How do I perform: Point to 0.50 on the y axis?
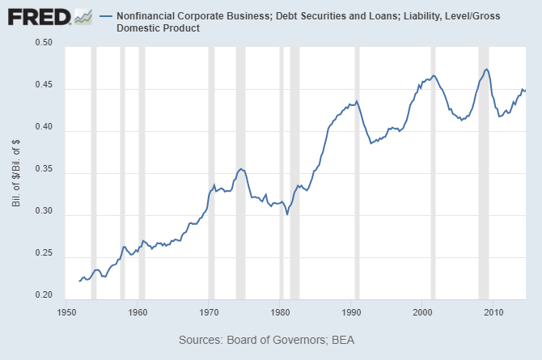click(x=42, y=46)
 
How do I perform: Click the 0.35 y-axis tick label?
click(x=42, y=172)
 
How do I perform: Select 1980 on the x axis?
click(x=280, y=311)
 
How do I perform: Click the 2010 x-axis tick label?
click(x=493, y=311)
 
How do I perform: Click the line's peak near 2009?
click(x=486, y=70)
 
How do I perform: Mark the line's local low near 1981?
click(x=287, y=214)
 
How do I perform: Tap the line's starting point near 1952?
click(x=79, y=281)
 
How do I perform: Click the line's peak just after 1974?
click(x=240, y=168)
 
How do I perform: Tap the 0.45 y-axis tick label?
click(x=42, y=88)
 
